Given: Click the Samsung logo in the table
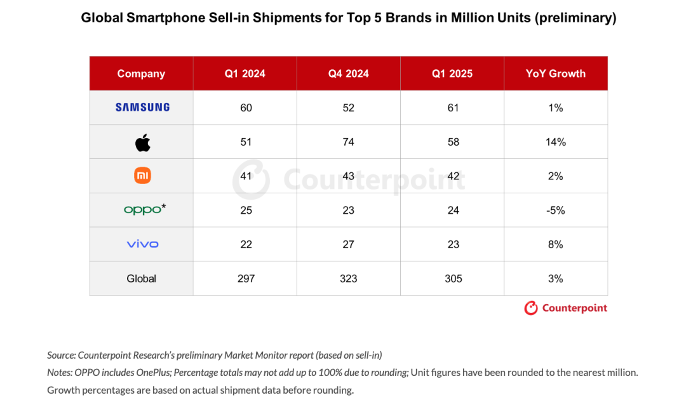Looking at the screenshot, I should pyautogui.click(x=142, y=107).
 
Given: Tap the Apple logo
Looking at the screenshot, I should pyautogui.click(x=142, y=142).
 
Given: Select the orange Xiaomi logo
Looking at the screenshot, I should pyautogui.click(x=142, y=176).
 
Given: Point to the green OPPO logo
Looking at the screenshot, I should pyautogui.click(x=142, y=209).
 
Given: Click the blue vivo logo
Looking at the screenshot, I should pyautogui.click(x=142, y=244).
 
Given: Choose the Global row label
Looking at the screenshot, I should pyautogui.click(x=141, y=279).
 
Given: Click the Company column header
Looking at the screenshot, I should pyautogui.click(x=141, y=74).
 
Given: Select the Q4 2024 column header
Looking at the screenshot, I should pyautogui.click(x=348, y=74).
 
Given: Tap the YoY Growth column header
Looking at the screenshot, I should pyautogui.click(x=555, y=74).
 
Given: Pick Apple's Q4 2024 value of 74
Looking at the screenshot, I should pyautogui.click(x=348, y=142).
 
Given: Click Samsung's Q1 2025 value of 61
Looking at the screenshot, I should pyautogui.click(x=452, y=108).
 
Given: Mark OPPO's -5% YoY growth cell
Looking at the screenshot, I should pyautogui.click(x=555, y=211).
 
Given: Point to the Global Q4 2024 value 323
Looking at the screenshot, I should pyautogui.click(x=348, y=279).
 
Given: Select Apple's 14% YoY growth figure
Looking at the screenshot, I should pyautogui.click(x=555, y=142).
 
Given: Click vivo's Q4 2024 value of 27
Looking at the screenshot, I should pyautogui.click(x=348, y=244).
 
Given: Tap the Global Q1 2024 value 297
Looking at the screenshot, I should pyautogui.click(x=245, y=279).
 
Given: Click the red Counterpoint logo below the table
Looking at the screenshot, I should pyautogui.click(x=565, y=308).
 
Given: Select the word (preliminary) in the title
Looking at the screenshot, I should pyautogui.click(x=575, y=18).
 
